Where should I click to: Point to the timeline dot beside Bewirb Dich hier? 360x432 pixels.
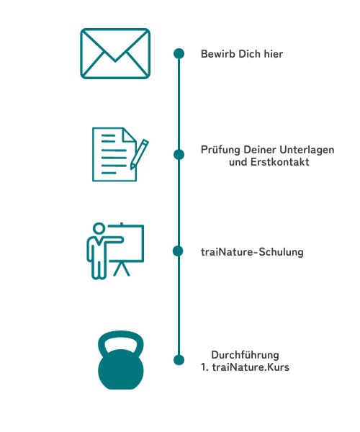[179, 53]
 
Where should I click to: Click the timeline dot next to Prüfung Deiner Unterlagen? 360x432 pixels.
[179, 155]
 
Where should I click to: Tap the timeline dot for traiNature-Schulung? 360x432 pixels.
[178, 251]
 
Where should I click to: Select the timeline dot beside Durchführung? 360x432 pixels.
[179, 360]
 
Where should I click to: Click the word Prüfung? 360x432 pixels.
[220, 150]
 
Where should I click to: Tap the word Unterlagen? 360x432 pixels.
[307, 150]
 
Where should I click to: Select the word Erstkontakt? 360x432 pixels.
[280, 162]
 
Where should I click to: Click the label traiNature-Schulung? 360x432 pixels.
[252, 252]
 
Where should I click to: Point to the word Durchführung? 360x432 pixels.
[245, 355]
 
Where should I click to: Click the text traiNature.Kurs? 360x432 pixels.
[251, 367]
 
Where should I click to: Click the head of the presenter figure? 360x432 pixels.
[99, 229]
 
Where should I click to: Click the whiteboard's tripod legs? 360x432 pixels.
[122, 269]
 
